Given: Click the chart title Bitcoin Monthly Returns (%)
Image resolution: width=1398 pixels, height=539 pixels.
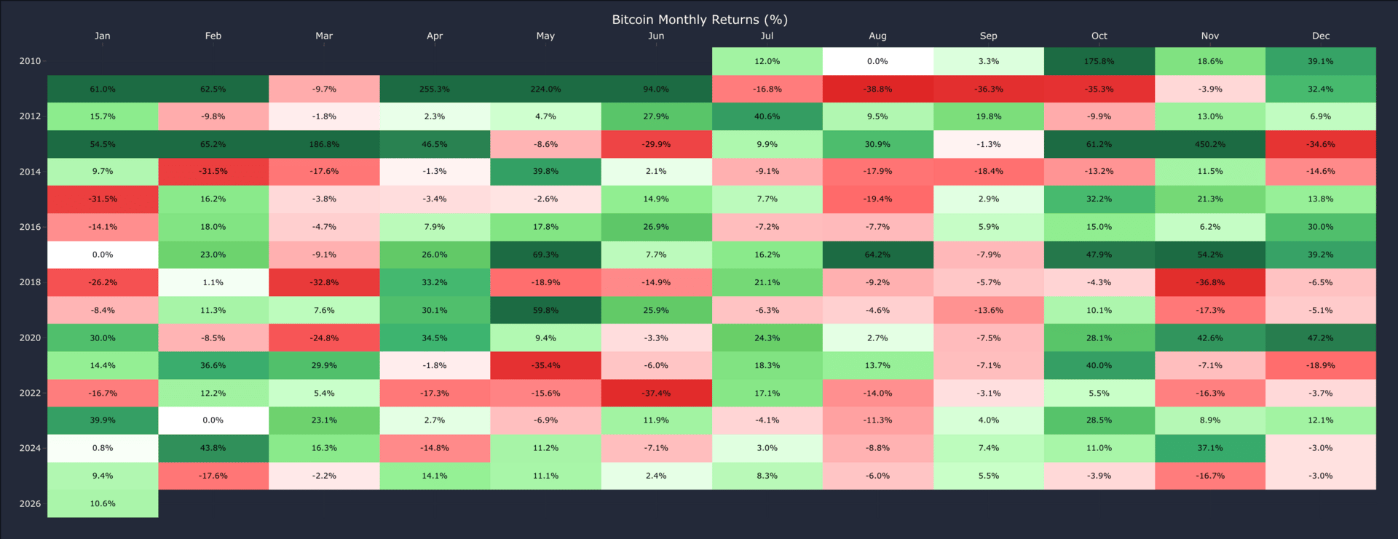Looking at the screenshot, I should (699, 20).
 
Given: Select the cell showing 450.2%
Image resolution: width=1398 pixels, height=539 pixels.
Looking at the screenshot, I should (1209, 144).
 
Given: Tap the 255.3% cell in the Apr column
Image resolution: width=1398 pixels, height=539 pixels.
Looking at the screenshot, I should (435, 89).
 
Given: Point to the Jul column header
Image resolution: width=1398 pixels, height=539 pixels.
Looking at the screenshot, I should (767, 36).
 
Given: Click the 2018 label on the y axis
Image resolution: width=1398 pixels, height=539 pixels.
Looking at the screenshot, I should (30, 282).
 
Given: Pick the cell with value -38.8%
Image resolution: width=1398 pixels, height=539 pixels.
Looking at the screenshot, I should (877, 89).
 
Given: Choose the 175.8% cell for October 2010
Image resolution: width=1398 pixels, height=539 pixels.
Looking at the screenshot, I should (1099, 61).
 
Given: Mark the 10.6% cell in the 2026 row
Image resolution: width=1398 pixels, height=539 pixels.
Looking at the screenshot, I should (103, 503).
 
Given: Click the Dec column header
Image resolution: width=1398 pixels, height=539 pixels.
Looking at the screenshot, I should (1320, 36).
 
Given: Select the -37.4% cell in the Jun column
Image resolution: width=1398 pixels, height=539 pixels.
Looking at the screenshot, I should (656, 393).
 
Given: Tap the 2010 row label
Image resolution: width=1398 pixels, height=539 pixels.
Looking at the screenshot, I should (30, 61).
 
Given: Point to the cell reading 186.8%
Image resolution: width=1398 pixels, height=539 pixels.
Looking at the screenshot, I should (324, 144).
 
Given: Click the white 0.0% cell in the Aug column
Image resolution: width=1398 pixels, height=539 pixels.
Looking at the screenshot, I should (877, 61).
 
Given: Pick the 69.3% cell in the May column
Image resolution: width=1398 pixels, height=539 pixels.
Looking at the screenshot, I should (545, 255).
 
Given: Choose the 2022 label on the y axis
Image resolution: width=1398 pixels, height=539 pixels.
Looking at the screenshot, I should (30, 393).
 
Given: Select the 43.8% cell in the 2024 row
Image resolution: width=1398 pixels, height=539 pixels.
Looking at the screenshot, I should (213, 448).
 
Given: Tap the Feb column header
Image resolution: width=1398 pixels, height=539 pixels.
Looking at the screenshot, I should (213, 36).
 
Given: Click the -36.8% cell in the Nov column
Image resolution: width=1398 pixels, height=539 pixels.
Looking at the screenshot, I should (1209, 282).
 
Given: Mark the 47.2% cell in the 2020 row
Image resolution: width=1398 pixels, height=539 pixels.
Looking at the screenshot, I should (1320, 338).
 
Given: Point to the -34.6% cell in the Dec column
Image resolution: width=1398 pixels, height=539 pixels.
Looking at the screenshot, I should (1320, 144).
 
